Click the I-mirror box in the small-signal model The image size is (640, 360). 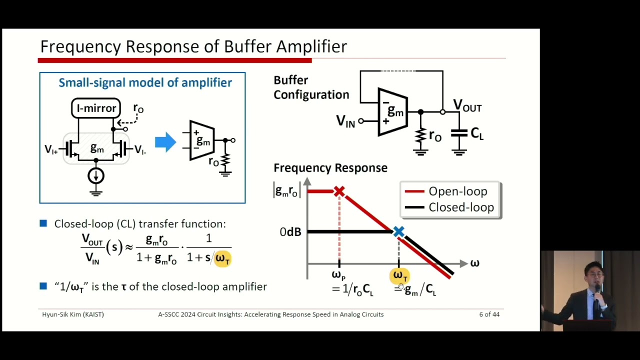click(96, 108)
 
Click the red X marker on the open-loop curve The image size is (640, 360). click(339, 191)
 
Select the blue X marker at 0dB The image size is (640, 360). click(398, 231)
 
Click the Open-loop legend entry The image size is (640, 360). click(457, 191)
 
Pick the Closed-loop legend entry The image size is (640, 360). click(460, 207)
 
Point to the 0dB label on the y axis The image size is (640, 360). click(290, 232)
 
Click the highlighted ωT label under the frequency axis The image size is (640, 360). click(399, 275)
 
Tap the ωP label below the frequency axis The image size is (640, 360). click(338, 275)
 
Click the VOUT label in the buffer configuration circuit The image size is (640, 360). click(467, 105)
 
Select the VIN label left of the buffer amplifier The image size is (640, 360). click(345, 121)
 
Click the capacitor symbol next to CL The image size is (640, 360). click(459, 134)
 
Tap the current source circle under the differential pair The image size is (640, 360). click(96, 175)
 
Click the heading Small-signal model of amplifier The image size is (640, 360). click(145, 83)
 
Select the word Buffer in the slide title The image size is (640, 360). click(248, 46)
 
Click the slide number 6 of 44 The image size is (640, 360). click(489, 314)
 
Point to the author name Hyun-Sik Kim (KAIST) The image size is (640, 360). click(73, 314)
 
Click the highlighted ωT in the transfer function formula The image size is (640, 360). click(222, 258)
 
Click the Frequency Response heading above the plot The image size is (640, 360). click(330, 168)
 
